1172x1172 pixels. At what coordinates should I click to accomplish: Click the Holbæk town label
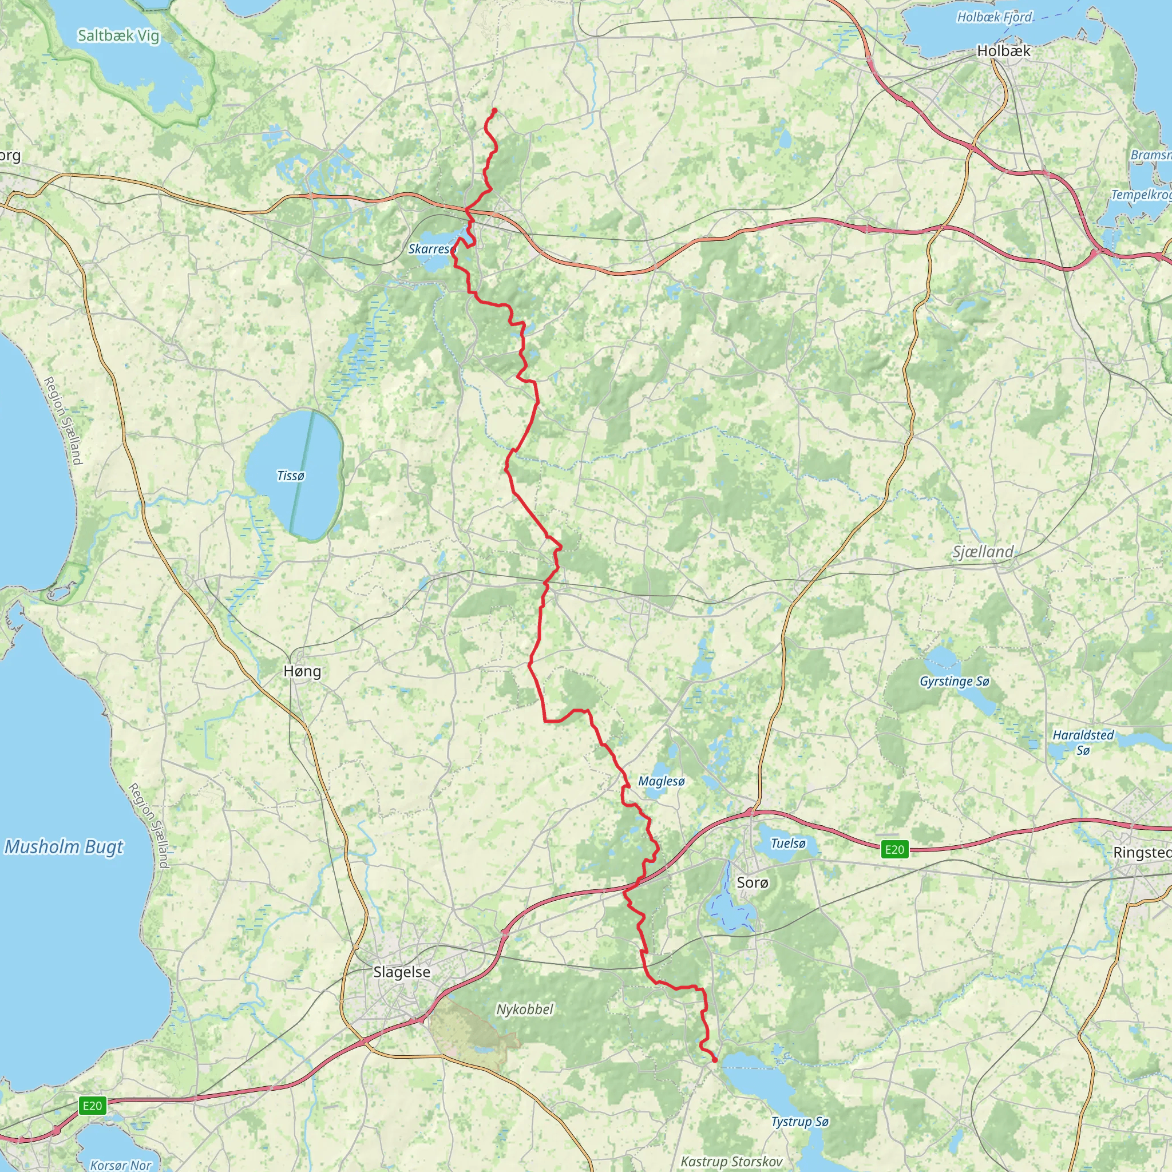point(1003,51)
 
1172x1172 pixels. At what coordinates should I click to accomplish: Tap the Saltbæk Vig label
point(118,36)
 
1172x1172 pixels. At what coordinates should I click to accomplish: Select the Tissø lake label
point(291,476)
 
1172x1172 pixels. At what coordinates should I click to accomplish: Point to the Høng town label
point(302,671)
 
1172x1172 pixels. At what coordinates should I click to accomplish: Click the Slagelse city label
point(402,972)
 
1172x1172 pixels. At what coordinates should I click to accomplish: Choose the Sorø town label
point(752,882)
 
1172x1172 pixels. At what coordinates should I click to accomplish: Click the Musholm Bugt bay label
point(64,847)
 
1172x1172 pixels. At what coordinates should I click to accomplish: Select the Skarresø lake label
point(431,249)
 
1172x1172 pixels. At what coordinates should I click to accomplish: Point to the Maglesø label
point(661,781)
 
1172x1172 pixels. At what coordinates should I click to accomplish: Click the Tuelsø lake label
point(788,843)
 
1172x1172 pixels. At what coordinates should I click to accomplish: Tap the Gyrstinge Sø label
point(954,681)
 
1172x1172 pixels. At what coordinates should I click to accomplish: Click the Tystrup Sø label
point(799,1122)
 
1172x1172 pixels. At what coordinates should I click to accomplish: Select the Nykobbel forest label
point(525,1009)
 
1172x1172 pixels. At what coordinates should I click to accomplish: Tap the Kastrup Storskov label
point(731,1161)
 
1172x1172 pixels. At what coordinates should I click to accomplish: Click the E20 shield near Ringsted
point(894,849)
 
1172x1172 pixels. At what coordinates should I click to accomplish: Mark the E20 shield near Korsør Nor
point(92,1105)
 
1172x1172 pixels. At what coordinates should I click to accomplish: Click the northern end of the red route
point(494,110)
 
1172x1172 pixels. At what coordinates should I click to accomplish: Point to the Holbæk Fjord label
point(993,17)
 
